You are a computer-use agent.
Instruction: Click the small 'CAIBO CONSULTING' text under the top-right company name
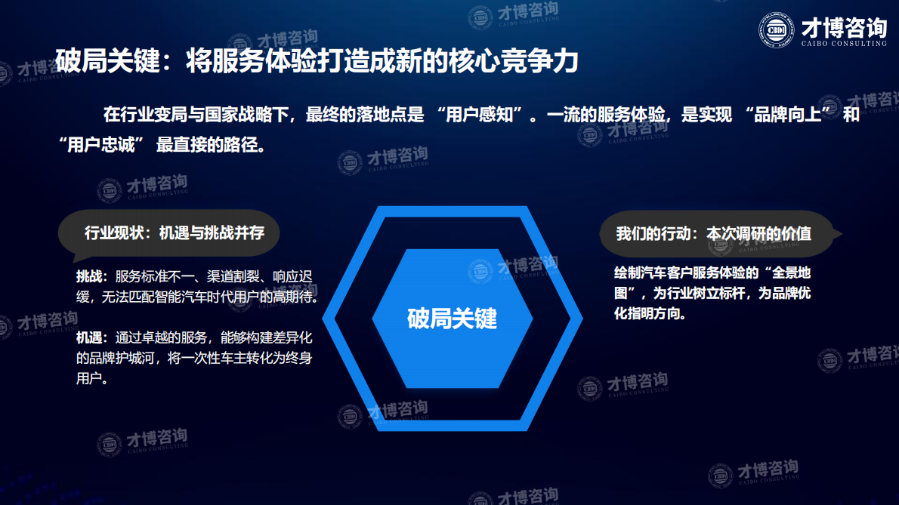pyautogui.click(x=843, y=45)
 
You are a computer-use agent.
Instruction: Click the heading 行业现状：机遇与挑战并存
pyautogui.click(x=175, y=232)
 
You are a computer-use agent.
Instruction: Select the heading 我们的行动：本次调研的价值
pyautogui.click(x=713, y=233)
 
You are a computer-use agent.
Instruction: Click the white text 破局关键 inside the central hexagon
pyautogui.click(x=452, y=318)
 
